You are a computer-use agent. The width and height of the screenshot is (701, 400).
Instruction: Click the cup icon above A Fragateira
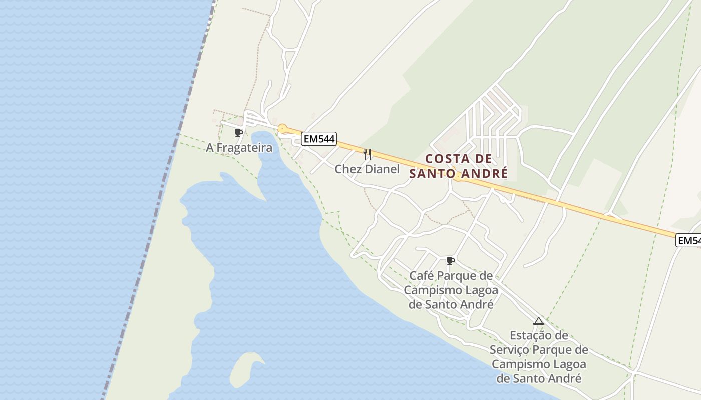click(238, 133)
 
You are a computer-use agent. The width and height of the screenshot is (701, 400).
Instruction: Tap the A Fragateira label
click(239, 148)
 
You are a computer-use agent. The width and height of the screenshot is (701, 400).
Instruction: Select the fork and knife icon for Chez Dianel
click(367, 154)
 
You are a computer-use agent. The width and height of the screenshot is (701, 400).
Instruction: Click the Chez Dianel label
click(367, 169)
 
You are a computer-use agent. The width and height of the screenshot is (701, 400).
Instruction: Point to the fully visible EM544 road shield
click(318, 138)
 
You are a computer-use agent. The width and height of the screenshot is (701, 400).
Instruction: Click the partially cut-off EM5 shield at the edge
click(689, 240)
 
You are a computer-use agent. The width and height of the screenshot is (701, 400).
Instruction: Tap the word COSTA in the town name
click(448, 159)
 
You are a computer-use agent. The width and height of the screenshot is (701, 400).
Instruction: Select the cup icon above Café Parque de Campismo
click(450, 261)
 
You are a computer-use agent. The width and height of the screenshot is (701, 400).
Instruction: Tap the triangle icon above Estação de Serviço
click(539, 321)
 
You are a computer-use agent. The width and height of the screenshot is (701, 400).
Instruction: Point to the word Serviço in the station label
click(510, 350)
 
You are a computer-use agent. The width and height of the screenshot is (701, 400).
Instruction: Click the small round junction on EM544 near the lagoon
click(282, 129)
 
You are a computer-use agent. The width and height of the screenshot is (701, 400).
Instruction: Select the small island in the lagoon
click(248, 368)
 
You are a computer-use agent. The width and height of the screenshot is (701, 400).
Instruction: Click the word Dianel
click(382, 169)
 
